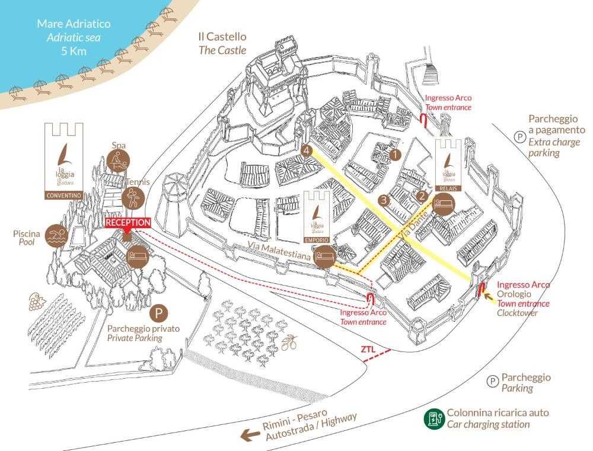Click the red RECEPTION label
(x=127, y=223)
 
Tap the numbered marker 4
(x=306, y=151)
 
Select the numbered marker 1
(x=396, y=153)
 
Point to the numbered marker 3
(x=384, y=200)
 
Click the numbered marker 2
(x=422, y=194)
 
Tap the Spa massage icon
(x=118, y=160)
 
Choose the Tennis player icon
(x=132, y=197)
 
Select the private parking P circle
(x=159, y=312)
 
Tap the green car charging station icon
(x=434, y=419)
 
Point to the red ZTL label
(x=368, y=350)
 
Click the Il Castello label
(x=222, y=37)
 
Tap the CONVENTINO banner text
(x=65, y=195)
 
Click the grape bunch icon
(x=36, y=303)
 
